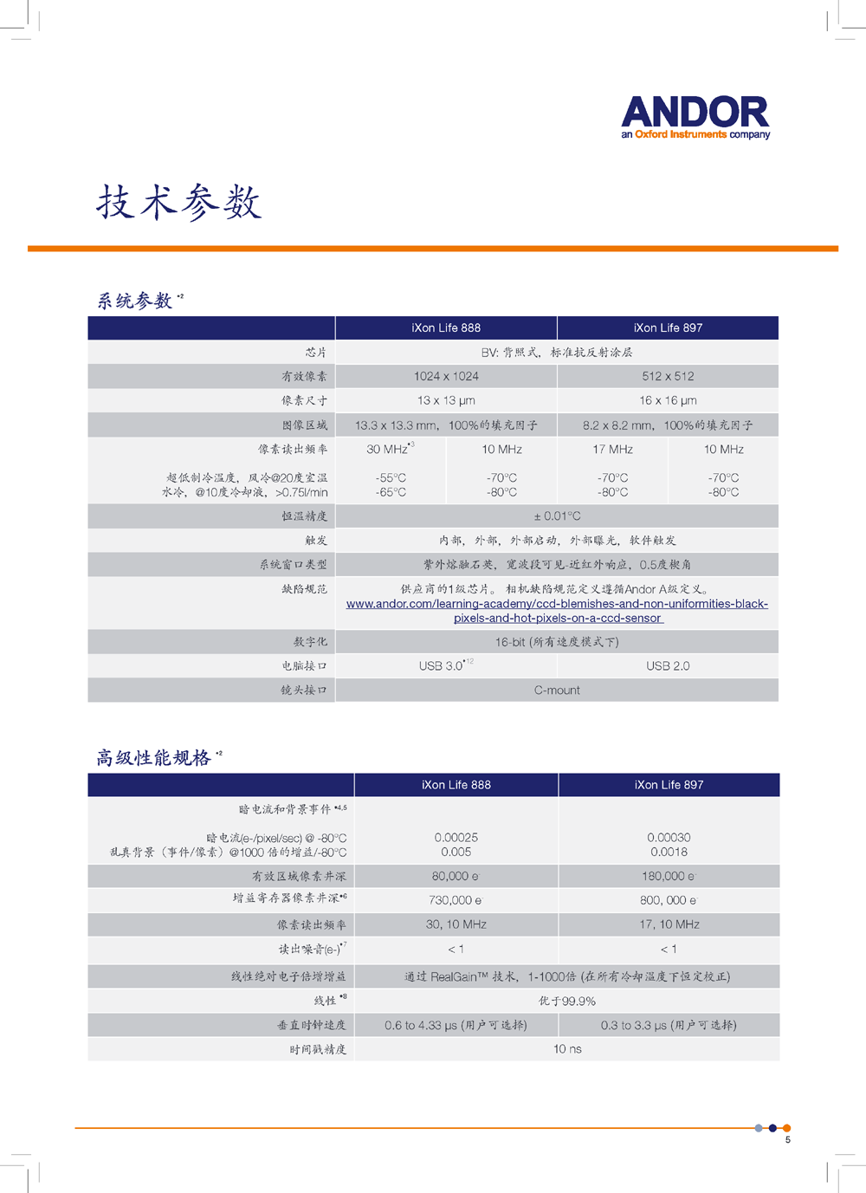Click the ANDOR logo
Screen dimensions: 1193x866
tap(695, 117)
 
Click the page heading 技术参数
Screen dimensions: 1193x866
tap(178, 203)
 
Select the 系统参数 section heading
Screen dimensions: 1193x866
tap(135, 301)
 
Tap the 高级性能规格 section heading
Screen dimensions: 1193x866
tap(154, 758)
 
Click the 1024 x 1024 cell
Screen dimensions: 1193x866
tap(446, 376)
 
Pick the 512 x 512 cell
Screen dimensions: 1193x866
tap(668, 376)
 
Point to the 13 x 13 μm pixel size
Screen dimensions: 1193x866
tap(446, 400)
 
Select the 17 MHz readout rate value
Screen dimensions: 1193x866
tap(612, 449)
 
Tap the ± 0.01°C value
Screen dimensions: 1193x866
tap(557, 516)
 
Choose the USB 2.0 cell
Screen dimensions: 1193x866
tap(668, 665)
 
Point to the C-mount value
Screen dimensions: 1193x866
tap(557, 690)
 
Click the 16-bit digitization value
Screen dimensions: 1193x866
tap(557, 642)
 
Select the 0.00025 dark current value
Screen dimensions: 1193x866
tap(456, 838)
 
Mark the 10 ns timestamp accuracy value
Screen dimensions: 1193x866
tap(567, 1048)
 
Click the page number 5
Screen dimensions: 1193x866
tap(788, 1140)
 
